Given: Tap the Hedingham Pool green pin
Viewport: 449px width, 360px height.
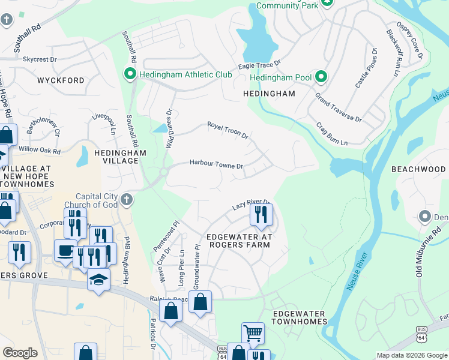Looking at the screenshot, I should (321, 77).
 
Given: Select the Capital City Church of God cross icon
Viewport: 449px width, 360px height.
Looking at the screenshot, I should (125, 199).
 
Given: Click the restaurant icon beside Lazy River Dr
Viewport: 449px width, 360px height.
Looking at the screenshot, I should (261, 214).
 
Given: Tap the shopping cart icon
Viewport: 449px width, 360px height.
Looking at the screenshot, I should (253, 332).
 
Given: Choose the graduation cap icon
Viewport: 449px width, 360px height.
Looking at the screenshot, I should (98, 279).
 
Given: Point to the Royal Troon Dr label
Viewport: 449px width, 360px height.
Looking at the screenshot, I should (228, 130).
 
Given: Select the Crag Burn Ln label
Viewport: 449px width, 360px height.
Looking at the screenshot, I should (332, 134).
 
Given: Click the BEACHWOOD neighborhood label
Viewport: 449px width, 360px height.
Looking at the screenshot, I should (418, 170).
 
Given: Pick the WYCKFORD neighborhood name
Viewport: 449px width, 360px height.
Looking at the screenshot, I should (61, 80).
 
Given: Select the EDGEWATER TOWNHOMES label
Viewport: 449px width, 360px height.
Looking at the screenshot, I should (299, 317).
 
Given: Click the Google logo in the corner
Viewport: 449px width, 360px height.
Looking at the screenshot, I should (20, 352).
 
